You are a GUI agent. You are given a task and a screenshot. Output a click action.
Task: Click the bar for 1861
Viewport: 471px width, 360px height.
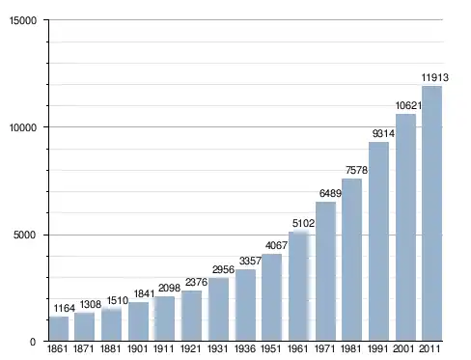coord(59,328)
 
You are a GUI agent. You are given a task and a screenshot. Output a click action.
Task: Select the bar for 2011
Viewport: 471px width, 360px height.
coord(431,213)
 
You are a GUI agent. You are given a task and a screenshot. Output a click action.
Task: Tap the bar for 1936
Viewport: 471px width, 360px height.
coord(245,305)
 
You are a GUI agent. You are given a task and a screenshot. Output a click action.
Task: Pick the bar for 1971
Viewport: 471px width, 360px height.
coord(325,271)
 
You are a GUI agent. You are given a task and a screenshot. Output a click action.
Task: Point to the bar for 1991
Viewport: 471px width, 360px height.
coord(378,241)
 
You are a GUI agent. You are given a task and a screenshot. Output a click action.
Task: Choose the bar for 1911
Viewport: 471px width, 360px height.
coord(165,318)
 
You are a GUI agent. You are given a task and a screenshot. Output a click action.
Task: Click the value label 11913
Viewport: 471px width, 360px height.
coord(435,77)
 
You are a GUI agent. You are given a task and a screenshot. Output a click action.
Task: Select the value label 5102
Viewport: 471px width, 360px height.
coord(303,223)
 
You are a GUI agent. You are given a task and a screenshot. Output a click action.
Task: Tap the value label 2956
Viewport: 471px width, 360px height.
coord(223,269)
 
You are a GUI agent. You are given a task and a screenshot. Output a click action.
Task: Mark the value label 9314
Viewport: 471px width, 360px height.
coord(383,133)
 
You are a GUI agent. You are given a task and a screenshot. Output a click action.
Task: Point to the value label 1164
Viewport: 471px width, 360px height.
coord(65,308)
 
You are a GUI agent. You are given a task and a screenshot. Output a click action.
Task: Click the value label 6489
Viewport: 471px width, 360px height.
coord(330,193)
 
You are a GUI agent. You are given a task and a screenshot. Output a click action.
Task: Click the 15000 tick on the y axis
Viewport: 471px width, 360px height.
coord(23,20)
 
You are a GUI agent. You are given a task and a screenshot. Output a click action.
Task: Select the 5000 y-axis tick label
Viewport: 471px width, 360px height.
coord(25,235)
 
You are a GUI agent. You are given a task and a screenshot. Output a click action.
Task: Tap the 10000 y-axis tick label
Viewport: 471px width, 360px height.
coord(23,127)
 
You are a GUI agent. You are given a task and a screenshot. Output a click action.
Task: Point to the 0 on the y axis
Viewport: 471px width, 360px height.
coord(33,342)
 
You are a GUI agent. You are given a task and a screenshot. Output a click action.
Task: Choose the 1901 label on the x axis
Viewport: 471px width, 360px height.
coord(138,348)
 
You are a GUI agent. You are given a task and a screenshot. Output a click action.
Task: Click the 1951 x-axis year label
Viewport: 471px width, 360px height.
coord(271,348)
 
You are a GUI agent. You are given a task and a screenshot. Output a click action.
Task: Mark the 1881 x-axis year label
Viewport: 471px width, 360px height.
coord(111,348)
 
